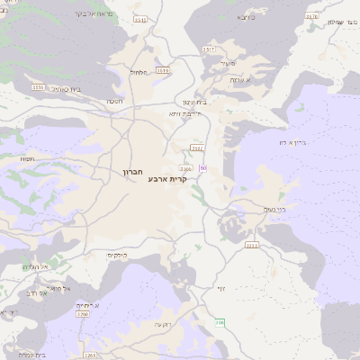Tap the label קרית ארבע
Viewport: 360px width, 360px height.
tap(168, 178)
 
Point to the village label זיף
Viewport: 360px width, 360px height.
tap(220, 288)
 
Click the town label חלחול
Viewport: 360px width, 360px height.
tap(139, 72)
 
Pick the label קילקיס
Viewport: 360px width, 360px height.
tap(118, 256)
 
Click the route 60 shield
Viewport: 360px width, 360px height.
tap(203, 168)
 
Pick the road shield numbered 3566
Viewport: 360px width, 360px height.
tap(186, 168)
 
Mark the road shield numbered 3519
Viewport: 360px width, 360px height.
tap(163, 69)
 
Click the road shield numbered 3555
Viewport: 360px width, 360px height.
tap(38, 87)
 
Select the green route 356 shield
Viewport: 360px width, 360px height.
tap(220, 322)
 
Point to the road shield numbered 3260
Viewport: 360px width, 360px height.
tap(83, 315)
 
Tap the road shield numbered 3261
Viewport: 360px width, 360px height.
tap(89, 355)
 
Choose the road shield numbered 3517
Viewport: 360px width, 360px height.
tap(209, 49)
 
